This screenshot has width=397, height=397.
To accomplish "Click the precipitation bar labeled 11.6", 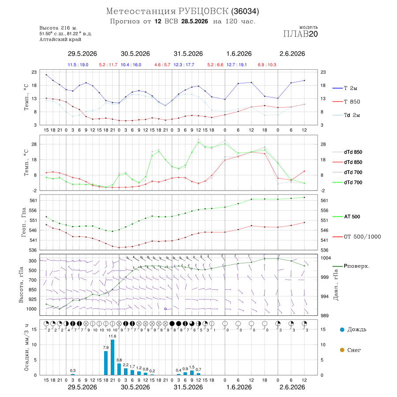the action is [x=112, y=357].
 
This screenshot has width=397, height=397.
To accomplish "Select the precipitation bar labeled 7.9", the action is [x=106, y=363].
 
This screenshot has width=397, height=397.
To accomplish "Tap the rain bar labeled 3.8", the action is [x=119, y=369].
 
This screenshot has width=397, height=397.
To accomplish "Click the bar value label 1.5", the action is [x=192, y=367].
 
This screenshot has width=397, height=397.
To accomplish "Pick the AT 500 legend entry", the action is [x=346, y=217].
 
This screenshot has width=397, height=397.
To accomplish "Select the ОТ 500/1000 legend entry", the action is [x=357, y=237].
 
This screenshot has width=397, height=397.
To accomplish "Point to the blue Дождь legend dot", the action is [x=342, y=330].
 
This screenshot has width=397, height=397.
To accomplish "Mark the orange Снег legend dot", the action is [x=342, y=350].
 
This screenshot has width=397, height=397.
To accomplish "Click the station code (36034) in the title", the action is [x=245, y=11].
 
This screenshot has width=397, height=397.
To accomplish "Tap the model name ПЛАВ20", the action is [x=300, y=34].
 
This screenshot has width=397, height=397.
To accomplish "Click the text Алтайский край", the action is [x=60, y=40].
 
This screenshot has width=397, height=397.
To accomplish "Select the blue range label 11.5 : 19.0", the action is [x=78, y=65].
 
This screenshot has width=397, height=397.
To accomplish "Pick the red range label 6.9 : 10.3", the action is [x=267, y=65].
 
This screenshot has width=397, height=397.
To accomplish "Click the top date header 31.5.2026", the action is [x=188, y=54].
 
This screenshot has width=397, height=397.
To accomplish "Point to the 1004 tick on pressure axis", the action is [x=326, y=258].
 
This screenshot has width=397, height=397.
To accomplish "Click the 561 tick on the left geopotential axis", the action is [x=33, y=201].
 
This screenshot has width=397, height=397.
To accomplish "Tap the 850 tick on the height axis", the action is [x=32, y=290].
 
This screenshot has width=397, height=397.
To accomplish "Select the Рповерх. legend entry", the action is [x=351, y=266].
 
